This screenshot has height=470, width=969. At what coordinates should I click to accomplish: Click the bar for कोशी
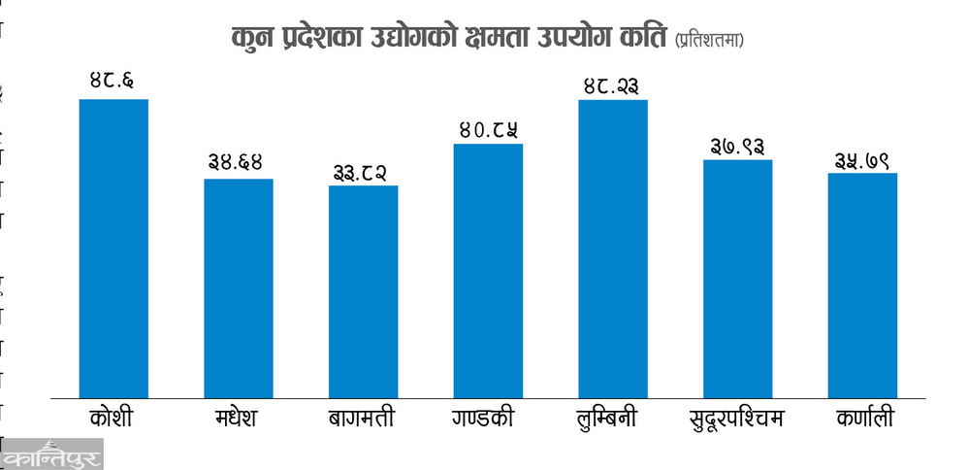click(113, 248)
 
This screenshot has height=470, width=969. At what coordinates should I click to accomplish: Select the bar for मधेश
click(238, 287)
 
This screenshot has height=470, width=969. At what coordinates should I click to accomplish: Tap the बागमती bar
click(363, 290)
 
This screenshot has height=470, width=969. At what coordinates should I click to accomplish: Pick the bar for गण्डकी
click(488, 270)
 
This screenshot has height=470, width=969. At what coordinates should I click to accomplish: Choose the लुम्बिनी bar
click(613, 248)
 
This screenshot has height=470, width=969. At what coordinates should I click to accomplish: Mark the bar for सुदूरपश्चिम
click(737, 278)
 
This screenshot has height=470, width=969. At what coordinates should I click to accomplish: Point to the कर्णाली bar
click(862, 285)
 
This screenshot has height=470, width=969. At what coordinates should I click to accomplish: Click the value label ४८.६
click(113, 82)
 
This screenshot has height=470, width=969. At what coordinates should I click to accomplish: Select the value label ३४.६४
click(238, 161)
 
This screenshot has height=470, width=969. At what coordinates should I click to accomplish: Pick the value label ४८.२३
click(612, 84)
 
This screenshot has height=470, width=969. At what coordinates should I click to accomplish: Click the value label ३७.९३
click(737, 145)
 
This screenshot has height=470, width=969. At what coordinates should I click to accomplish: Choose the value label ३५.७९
click(862, 157)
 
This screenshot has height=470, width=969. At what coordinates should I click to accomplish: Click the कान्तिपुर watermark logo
click(50, 455)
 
